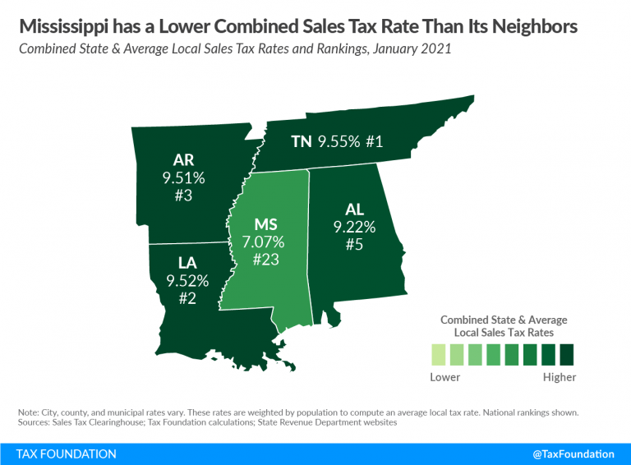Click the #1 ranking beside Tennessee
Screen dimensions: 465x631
(x=375, y=141)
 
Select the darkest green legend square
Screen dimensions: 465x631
(x=566, y=355)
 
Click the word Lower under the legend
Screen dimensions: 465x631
(x=445, y=377)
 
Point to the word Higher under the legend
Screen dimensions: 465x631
(x=560, y=377)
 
